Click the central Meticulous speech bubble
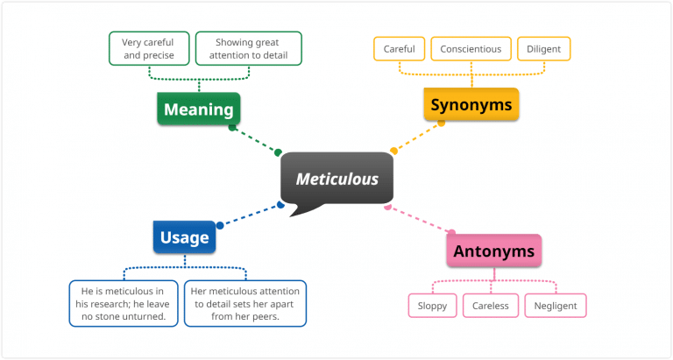point(336,180)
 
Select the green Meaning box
point(199,109)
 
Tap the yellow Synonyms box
point(471,105)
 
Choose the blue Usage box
point(184,236)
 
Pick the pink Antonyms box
point(493,251)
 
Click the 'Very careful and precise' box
point(149,48)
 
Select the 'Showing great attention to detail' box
point(248,48)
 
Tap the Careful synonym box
point(400,49)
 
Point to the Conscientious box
point(471,49)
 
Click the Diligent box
point(544,49)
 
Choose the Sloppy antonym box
point(432,306)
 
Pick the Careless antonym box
point(491,306)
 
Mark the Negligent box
point(556,306)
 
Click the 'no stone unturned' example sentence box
point(124,303)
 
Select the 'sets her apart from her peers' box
point(245,303)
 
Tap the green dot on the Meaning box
point(232,127)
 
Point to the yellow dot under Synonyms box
point(442,123)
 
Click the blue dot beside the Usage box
point(220,225)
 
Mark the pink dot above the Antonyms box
point(452,233)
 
